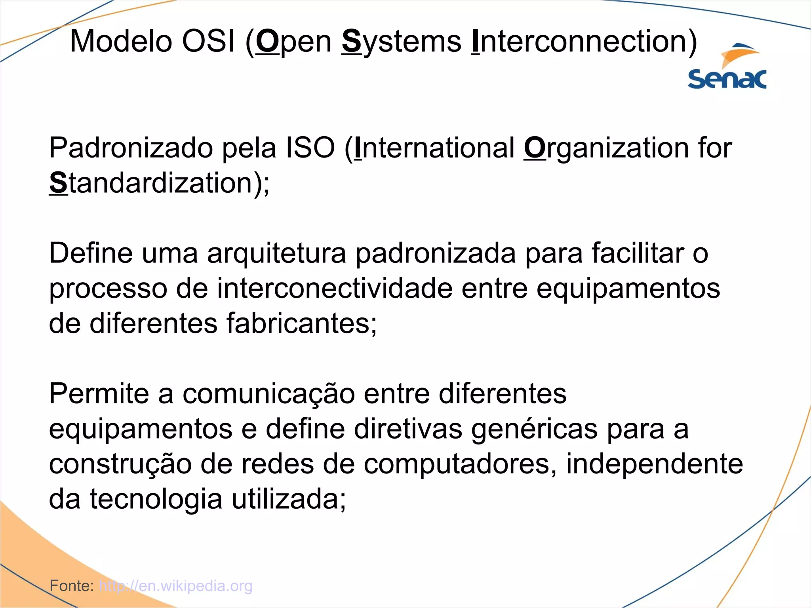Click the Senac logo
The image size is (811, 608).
pyautogui.click(x=727, y=67)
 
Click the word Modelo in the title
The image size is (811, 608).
pyautogui.click(x=121, y=41)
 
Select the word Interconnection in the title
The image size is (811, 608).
pyautogui.click(x=584, y=41)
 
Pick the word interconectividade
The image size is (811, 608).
pyautogui.click(x=335, y=288)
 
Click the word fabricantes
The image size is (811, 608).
pyautogui.click(x=301, y=323)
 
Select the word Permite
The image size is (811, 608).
pyautogui.click(x=99, y=393)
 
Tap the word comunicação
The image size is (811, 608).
pyautogui.click(x=268, y=393)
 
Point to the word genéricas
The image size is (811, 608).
pyautogui.click(x=534, y=429)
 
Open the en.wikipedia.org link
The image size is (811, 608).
pyautogui.click(x=175, y=585)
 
